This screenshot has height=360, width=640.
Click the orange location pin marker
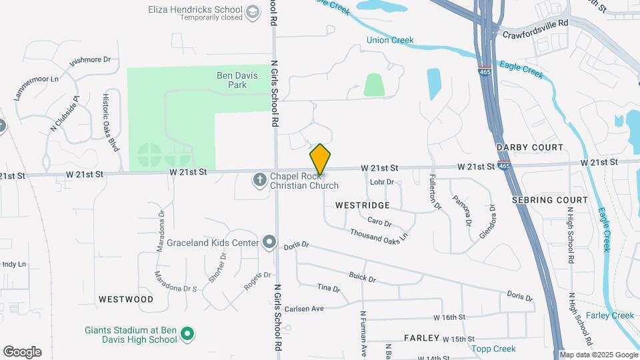coord(320,159)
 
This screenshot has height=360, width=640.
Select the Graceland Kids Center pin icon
coord(269,241)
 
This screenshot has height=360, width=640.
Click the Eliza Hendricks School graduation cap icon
coord(253,11)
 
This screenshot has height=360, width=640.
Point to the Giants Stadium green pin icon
coord(188,334)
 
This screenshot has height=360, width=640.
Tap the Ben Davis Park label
coord(237,80)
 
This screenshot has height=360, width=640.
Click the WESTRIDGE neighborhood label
coord(363,205)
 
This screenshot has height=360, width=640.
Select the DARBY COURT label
coord(530,147)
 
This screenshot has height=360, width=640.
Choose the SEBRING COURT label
coord(550,200)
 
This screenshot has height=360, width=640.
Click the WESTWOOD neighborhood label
coord(125,299)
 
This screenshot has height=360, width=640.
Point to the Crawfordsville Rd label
coord(535,28)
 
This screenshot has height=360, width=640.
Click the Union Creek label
coord(390,40)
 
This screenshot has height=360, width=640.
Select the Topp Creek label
coord(493,349)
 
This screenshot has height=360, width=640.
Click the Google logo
coord(22,352)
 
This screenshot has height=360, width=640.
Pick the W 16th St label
coord(449,318)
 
